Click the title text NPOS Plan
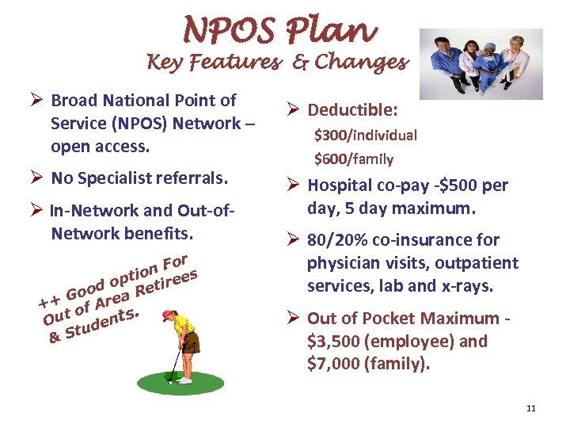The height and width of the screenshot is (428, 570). [279, 30]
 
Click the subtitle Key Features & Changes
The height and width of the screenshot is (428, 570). [276, 62]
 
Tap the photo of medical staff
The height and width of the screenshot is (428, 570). [481, 65]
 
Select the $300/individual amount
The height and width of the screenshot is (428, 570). [366, 135]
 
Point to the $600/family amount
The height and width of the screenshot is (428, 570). [354, 159]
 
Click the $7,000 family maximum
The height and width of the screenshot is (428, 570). [333, 365]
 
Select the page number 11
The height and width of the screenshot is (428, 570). [530, 408]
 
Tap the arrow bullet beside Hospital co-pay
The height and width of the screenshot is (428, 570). [291, 186]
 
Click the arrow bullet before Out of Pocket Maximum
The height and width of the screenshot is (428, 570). [291, 319]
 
